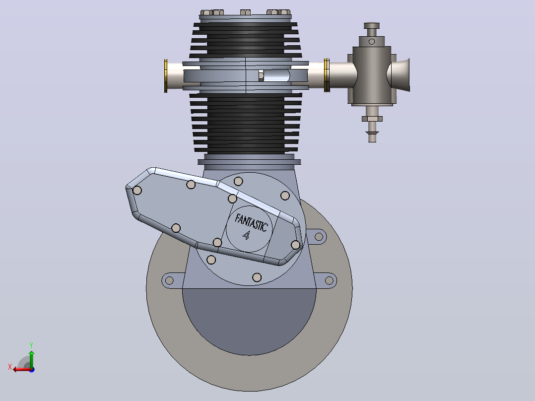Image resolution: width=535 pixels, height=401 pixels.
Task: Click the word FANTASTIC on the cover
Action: (251, 223)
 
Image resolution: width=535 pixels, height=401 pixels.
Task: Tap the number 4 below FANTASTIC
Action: (246, 235)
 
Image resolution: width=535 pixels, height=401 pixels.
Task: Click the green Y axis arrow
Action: (31, 359)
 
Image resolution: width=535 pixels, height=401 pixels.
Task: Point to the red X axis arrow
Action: (22, 369)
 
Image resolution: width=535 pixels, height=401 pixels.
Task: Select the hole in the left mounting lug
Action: (169, 281)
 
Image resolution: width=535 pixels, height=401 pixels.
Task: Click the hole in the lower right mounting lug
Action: (329, 280)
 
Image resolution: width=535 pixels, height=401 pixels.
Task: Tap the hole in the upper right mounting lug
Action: (319, 237)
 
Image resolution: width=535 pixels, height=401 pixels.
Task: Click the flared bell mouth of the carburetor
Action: (400, 75)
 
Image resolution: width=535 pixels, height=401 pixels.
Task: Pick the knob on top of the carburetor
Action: (372, 26)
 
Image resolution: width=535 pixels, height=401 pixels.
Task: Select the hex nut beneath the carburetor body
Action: (372, 119)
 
